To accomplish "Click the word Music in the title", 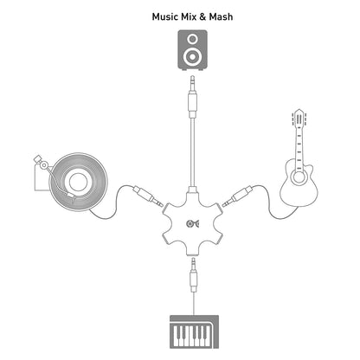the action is (164, 16).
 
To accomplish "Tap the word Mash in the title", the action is (221, 16).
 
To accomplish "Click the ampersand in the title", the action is (203, 16).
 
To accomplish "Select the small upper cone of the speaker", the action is (192, 38).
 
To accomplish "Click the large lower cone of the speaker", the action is (192, 56).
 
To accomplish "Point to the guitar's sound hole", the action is (299, 177).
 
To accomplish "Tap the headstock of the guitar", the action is (299, 116).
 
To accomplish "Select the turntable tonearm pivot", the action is (43, 165).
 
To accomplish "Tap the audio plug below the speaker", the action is (192, 97).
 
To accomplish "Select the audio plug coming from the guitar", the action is (237, 196).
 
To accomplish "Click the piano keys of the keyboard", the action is (190, 335).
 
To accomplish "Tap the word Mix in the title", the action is (189, 16).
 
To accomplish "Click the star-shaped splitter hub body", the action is (193, 222).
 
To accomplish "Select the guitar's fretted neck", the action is (299, 145).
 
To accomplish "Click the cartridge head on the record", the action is (72, 197).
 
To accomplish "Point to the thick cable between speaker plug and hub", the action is (192, 153).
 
